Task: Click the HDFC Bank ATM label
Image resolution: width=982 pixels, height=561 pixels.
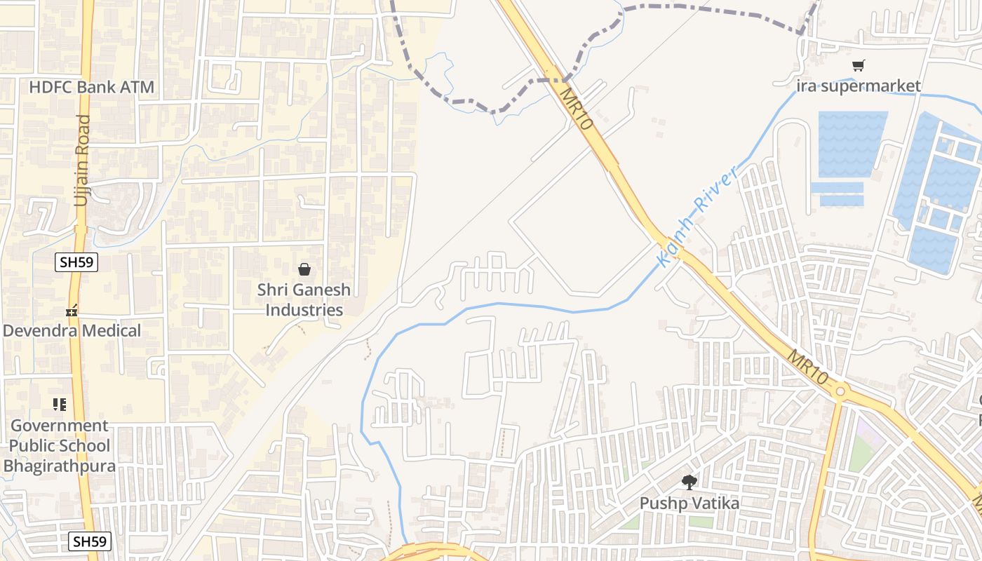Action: pyautogui.click(x=91, y=88)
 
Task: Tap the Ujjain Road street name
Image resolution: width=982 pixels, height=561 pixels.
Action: pyautogui.click(x=83, y=161)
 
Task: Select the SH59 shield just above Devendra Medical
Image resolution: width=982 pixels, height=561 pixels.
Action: pyautogui.click(x=76, y=262)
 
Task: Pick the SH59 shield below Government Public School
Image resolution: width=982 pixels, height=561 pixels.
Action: pyautogui.click(x=90, y=541)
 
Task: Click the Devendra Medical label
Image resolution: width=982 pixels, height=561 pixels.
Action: pyautogui.click(x=72, y=330)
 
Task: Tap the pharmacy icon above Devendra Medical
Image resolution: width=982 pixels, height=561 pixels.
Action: pyautogui.click(x=71, y=310)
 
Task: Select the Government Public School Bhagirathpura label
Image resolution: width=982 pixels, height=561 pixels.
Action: pyautogui.click(x=59, y=445)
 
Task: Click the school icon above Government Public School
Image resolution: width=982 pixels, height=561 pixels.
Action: pyautogui.click(x=60, y=404)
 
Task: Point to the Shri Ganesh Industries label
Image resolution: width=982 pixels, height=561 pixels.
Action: pyautogui.click(x=304, y=299)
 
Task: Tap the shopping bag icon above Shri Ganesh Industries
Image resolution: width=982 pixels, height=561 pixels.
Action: pyautogui.click(x=304, y=269)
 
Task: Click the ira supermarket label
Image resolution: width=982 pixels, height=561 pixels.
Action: pyautogui.click(x=859, y=86)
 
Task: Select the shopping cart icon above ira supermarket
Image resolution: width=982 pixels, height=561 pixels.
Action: pyautogui.click(x=859, y=65)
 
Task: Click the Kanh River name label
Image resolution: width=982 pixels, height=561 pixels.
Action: pyautogui.click(x=698, y=215)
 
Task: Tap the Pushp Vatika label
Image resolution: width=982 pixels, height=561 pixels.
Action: pyautogui.click(x=689, y=503)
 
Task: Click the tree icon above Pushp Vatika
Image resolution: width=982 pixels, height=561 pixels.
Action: pyautogui.click(x=689, y=482)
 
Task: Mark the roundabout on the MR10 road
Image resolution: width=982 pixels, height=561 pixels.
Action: pyautogui.click(x=840, y=391)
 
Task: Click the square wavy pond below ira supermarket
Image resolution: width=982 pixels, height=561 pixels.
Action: pyautogui.click(x=852, y=144)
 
